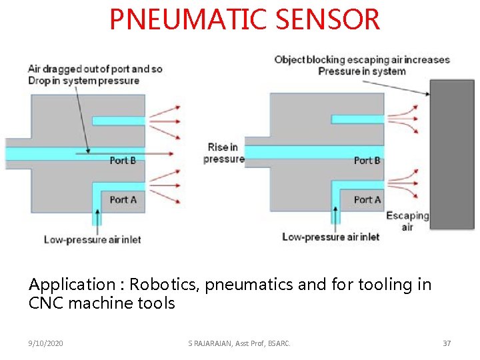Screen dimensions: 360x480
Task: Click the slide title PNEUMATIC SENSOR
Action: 245,19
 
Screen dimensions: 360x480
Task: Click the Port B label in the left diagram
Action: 123,160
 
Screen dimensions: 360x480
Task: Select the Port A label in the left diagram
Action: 123,199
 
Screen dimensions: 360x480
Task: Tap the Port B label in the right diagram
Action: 367,160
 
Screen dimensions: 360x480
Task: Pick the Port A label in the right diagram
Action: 367,199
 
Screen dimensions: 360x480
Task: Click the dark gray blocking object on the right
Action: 451,154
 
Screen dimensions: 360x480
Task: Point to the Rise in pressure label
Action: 223,153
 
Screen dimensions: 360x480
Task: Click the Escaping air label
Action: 407,221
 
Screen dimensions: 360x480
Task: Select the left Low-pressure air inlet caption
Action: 92,239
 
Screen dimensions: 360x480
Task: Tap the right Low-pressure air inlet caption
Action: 331,237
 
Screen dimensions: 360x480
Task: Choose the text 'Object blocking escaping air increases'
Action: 362,59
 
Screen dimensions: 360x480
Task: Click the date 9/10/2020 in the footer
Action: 46,343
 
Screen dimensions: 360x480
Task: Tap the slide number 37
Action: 447,343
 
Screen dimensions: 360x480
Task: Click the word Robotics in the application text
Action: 156,285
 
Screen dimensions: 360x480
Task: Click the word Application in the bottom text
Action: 63,285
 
